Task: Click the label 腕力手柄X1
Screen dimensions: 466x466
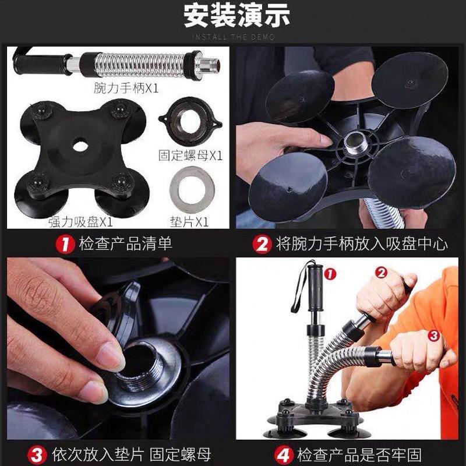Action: (126, 88)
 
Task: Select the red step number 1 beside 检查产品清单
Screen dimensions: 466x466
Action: (65, 243)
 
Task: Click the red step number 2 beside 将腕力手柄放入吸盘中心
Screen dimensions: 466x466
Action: (262, 243)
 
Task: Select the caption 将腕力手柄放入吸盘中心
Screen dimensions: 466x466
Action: (361, 243)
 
